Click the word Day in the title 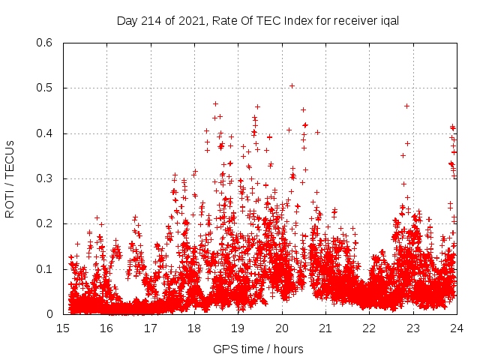point(127,20)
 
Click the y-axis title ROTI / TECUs point(10,178)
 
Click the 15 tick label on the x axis point(63,328)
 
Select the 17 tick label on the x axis point(151,328)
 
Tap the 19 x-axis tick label point(238,328)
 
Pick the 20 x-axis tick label point(281,328)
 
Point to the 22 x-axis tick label point(368,328)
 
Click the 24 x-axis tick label point(455,328)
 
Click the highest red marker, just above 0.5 point(292,85)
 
